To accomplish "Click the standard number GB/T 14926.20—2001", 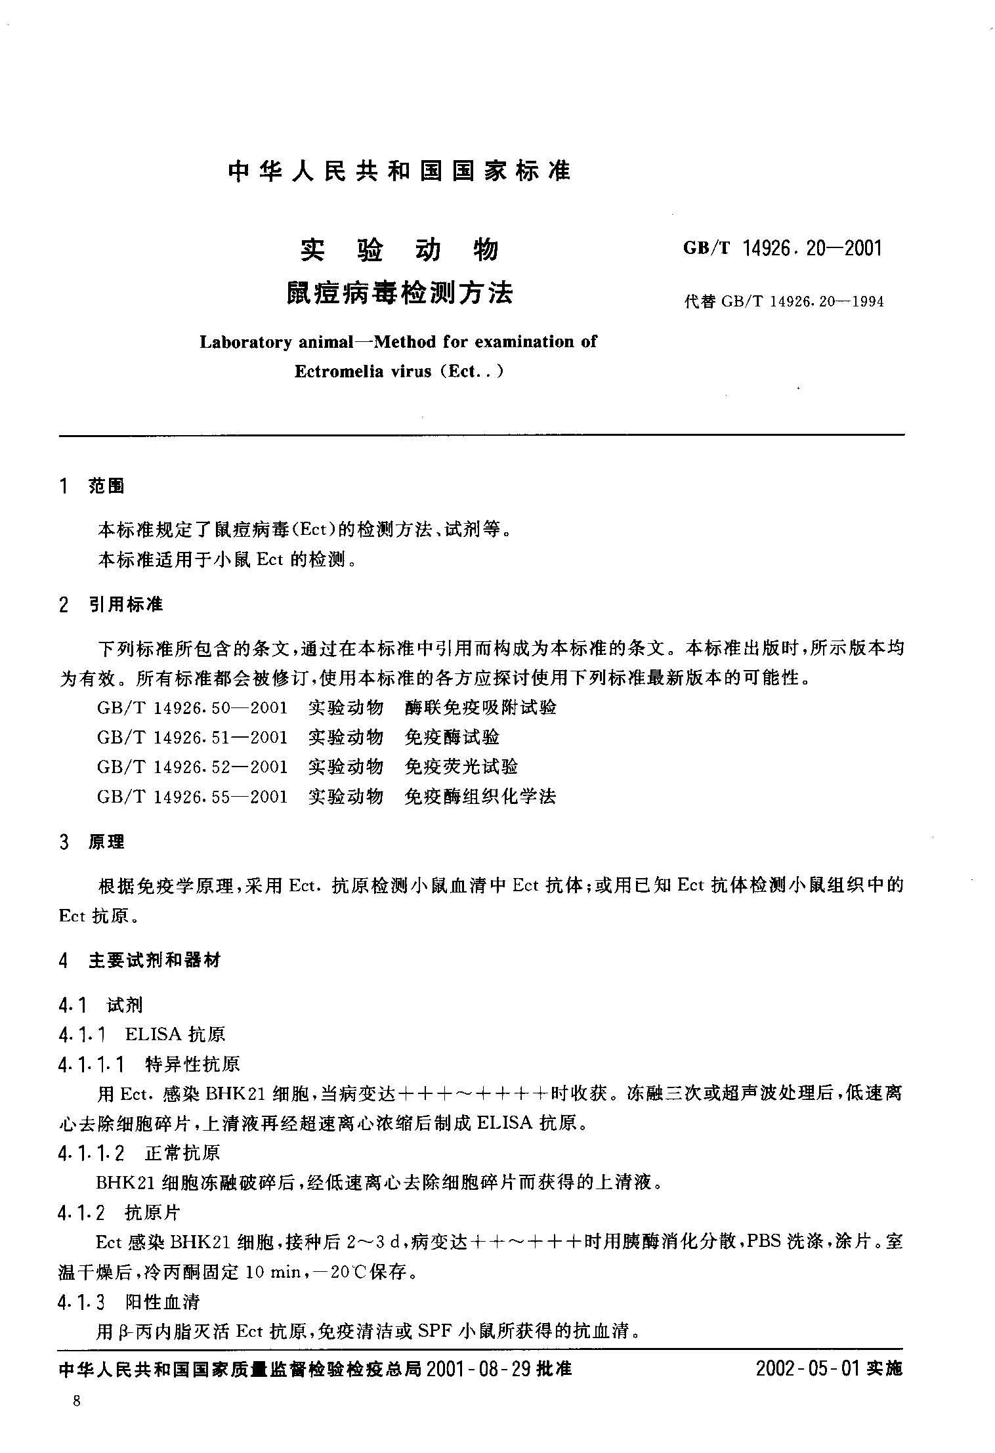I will pyautogui.click(x=783, y=249).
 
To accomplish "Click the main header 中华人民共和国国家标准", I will pyautogui.click(x=399, y=172).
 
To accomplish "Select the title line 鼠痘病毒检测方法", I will pyautogui.click(x=399, y=293).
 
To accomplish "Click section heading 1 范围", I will pyautogui.click(x=91, y=486).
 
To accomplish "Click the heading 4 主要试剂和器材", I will pyautogui.click(x=139, y=961).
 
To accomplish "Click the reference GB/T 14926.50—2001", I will pyautogui.click(x=192, y=707).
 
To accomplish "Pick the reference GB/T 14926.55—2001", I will pyautogui.click(x=192, y=797).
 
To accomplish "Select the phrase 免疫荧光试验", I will pyautogui.click(x=461, y=767).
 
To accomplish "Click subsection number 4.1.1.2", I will pyautogui.click(x=91, y=1153).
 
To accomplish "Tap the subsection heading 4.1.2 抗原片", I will pyautogui.click(x=118, y=1213).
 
